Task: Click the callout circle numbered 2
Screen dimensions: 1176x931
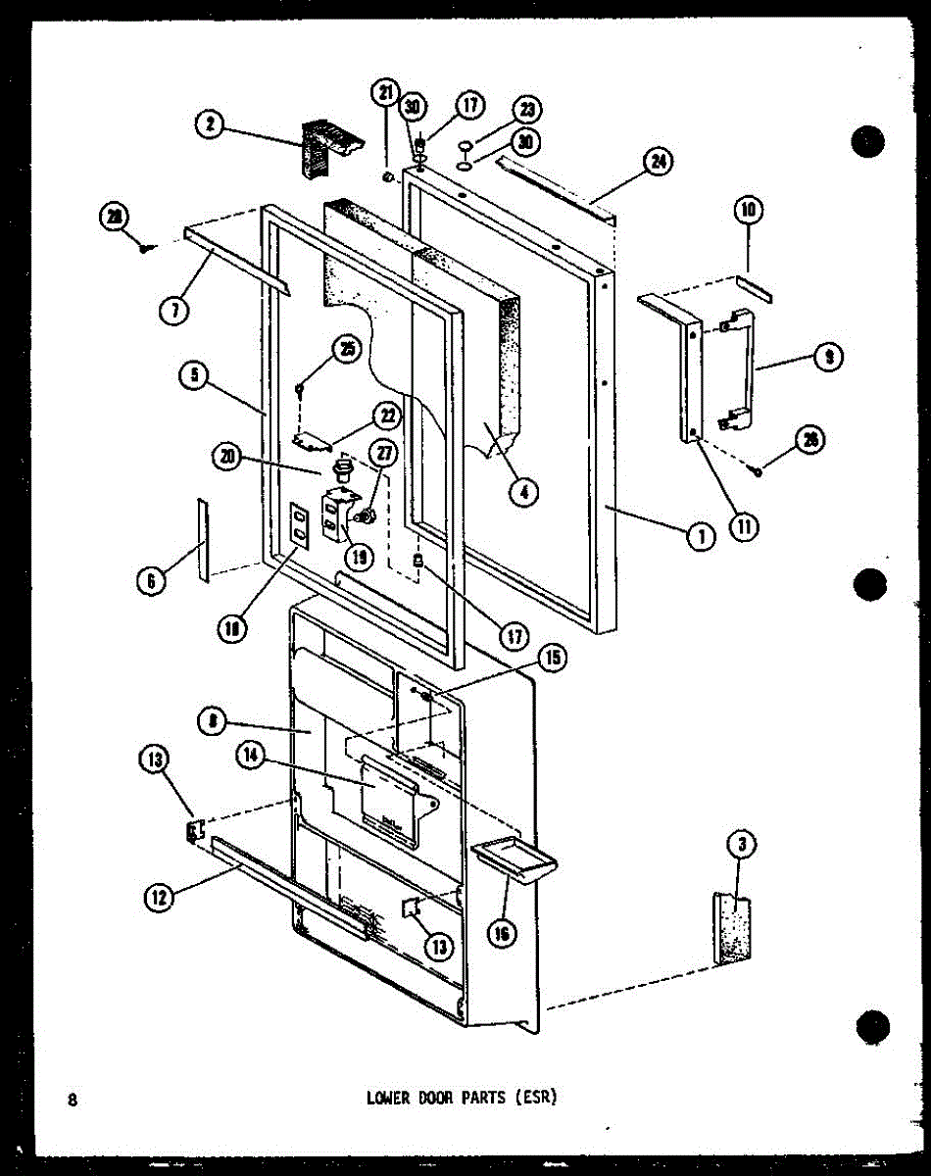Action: click(x=211, y=124)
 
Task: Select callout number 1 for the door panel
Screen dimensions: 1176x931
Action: click(x=701, y=535)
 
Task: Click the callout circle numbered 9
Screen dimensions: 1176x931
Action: click(x=829, y=359)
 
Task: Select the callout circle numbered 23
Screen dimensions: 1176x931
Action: click(x=530, y=110)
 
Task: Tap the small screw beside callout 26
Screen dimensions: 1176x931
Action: click(x=759, y=473)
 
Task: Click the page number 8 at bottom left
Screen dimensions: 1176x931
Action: click(x=73, y=1100)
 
